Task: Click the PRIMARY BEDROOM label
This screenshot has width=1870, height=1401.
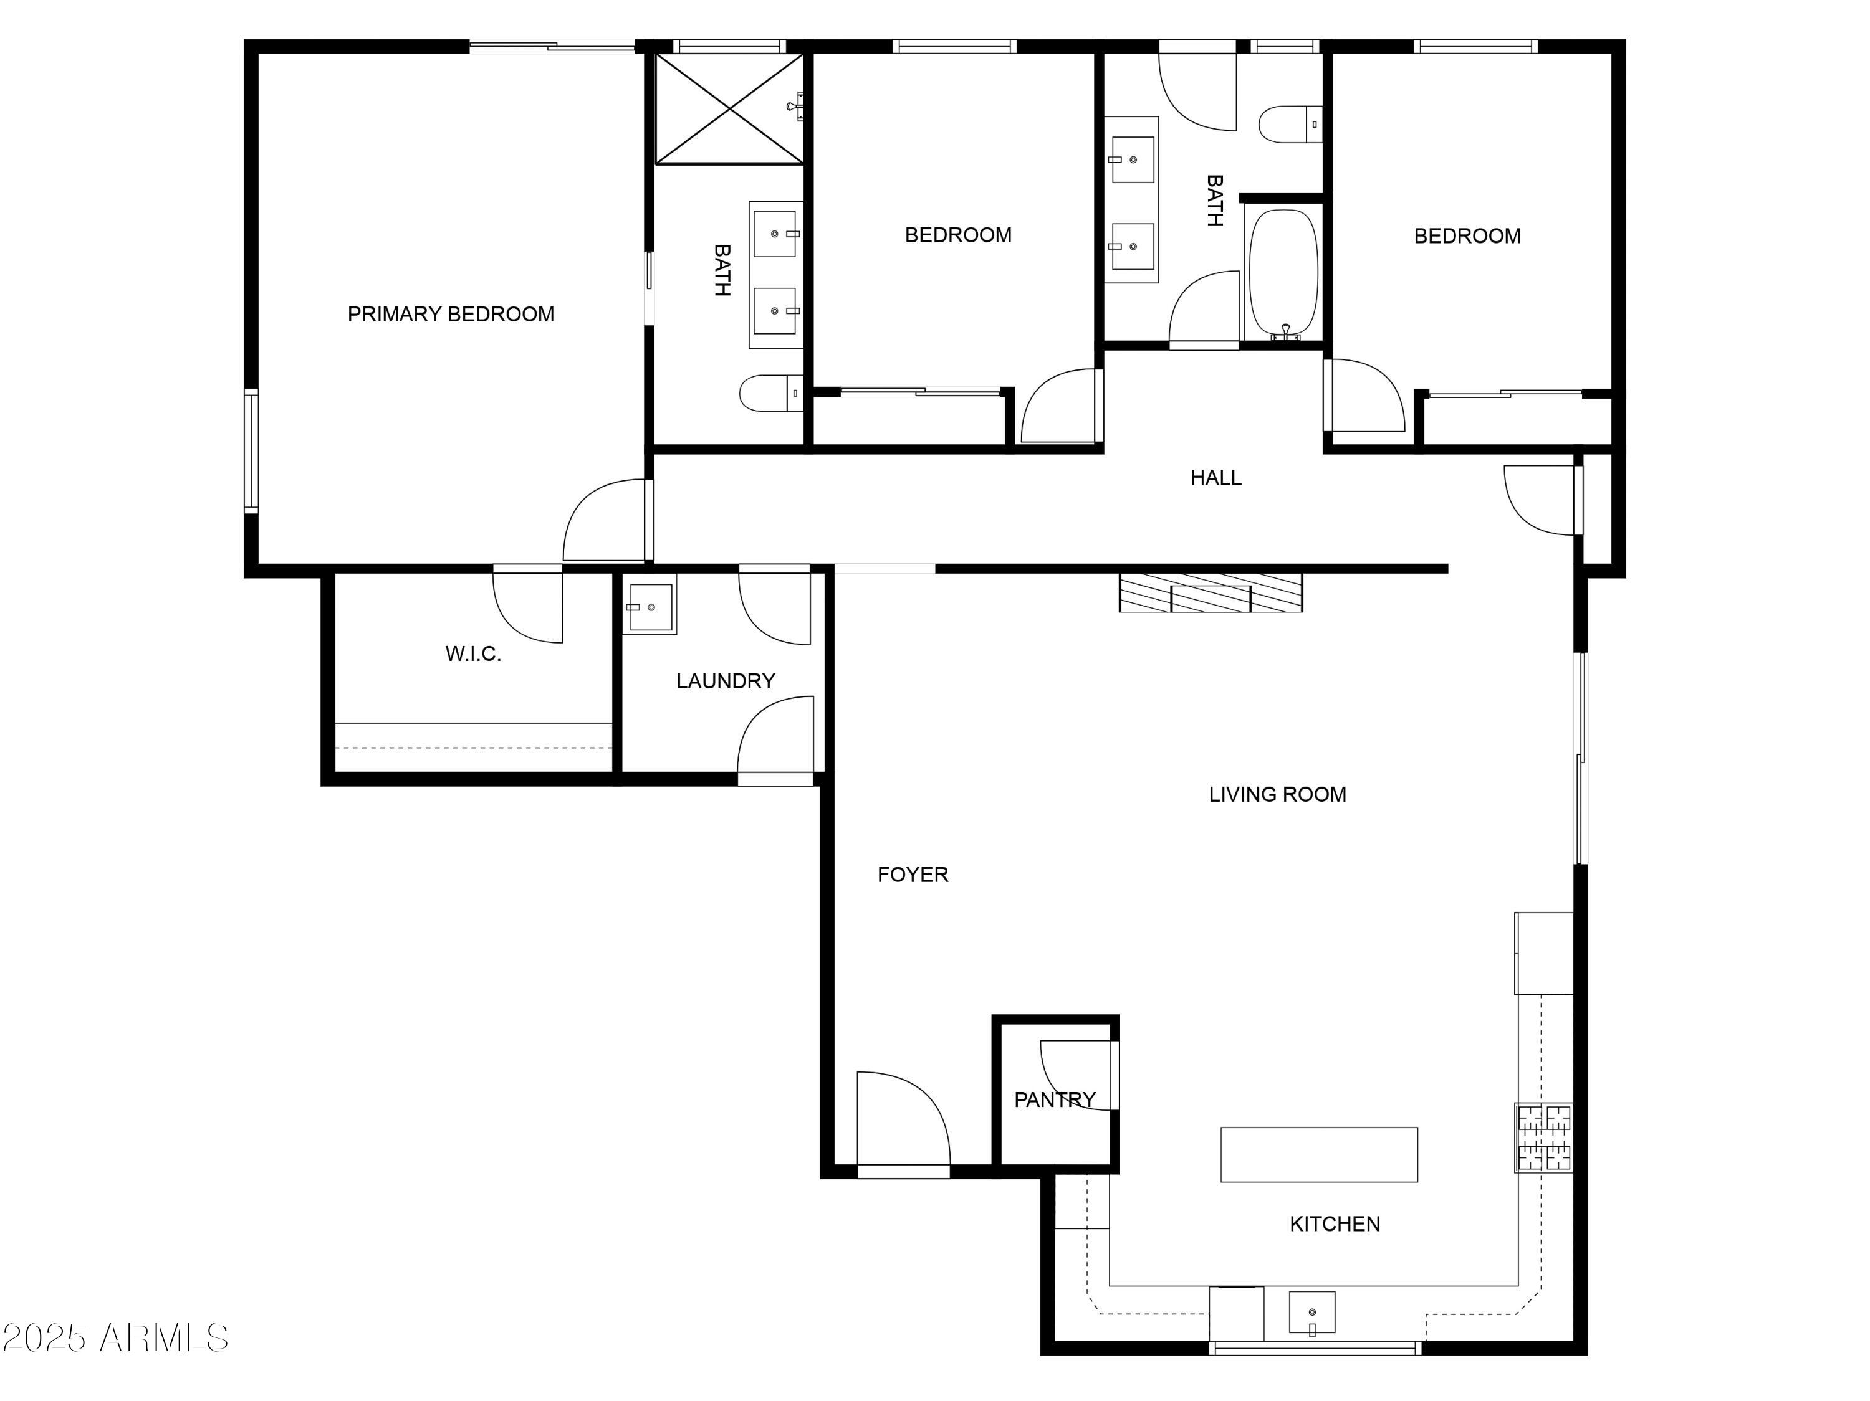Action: pos(451,315)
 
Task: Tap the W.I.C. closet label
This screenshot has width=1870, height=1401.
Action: pos(473,653)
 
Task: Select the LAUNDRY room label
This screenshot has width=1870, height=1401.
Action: pos(726,681)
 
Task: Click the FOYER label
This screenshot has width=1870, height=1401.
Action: pos(913,875)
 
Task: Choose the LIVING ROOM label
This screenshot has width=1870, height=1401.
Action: pos(1277,794)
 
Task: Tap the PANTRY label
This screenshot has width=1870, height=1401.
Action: pos(1055,1099)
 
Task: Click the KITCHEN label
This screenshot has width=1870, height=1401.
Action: pos(1335,1223)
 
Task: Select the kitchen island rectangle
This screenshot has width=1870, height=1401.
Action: pos(1319,1154)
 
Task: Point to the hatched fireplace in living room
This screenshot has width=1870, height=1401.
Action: pos(1211,592)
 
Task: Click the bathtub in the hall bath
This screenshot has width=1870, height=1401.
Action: pos(1284,273)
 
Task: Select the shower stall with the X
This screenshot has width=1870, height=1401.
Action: pos(729,109)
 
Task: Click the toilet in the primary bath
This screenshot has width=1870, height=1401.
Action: pos(771,393)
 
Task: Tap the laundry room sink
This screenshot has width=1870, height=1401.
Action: pos(650,604)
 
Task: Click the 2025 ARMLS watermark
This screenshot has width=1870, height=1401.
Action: pos(116,1337)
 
